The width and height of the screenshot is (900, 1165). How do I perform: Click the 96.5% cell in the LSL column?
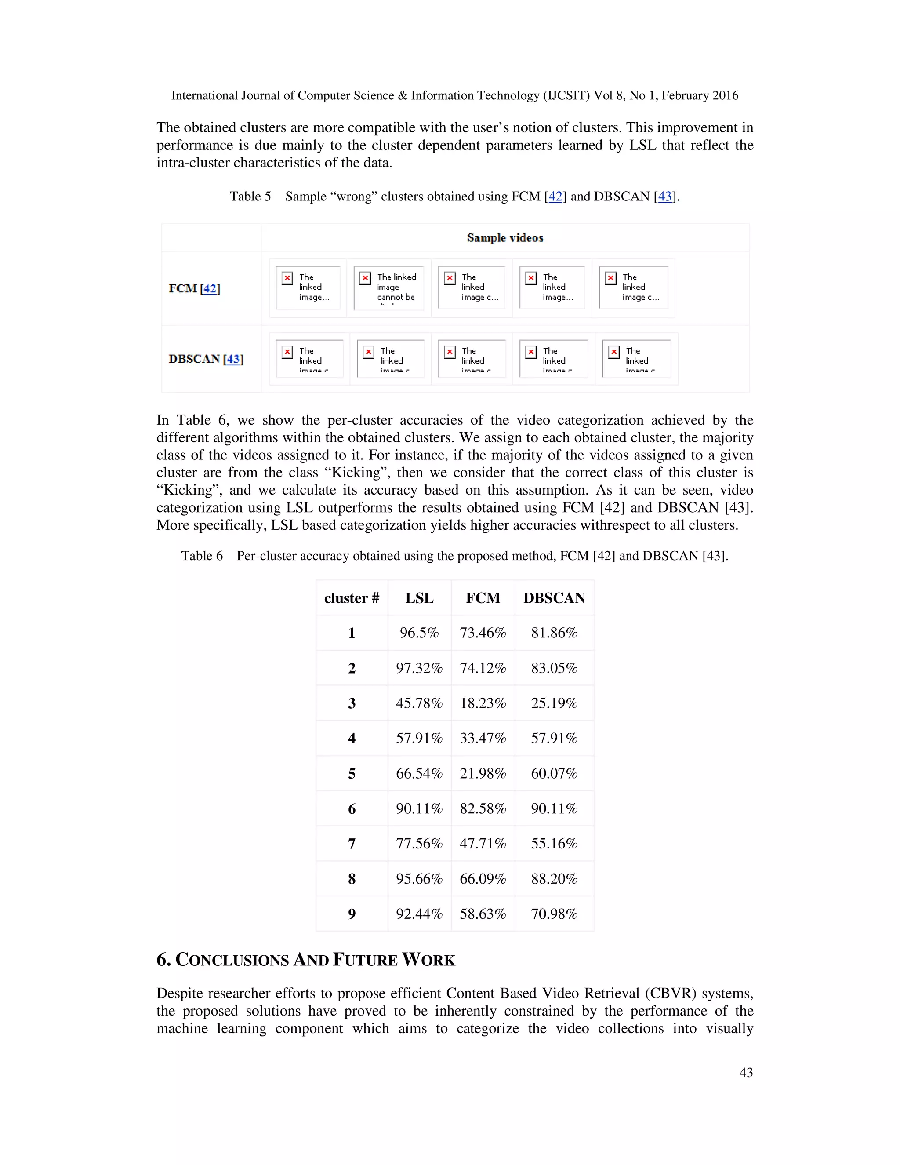pos(419,633)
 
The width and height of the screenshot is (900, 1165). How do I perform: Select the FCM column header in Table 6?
pos(483,598)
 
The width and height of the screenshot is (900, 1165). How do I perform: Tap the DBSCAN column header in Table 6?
pos(554,598)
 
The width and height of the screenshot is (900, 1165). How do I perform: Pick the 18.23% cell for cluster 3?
pos(483,703)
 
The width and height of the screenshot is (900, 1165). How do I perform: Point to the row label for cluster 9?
pos(352,914)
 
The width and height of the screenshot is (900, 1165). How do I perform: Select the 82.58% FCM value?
pos(483,808)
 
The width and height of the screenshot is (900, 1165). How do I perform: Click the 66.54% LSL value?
pos(419,773)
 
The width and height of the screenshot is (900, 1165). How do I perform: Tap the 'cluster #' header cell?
pos(352,598)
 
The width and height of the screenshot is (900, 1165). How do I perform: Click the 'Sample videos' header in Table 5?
pos(505,238)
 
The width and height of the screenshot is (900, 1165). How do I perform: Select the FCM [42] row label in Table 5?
pos(194,288)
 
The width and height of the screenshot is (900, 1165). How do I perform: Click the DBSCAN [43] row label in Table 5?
pos(206,359)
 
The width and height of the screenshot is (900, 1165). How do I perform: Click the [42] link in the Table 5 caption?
pos(555,197)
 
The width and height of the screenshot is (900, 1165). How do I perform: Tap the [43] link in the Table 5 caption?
pos(664,197)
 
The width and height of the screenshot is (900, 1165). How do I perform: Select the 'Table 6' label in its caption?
pos(202,556)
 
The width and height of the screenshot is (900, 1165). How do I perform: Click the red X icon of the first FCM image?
pos(287,278)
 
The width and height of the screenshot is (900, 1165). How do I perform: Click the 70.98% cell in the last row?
pos(554,914)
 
